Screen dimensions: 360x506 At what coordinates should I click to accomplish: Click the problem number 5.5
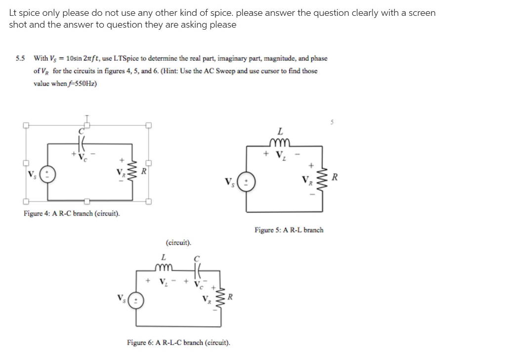point(20,58)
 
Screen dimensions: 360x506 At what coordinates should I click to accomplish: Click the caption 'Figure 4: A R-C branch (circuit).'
point(72,214)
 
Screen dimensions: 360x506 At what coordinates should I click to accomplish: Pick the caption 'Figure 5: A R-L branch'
point(289,230)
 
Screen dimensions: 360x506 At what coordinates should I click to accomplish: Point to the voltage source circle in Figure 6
point(136,300)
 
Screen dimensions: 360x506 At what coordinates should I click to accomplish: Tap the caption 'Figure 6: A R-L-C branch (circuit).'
point(178,342)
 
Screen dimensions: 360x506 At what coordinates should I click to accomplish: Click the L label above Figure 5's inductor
point(280,132)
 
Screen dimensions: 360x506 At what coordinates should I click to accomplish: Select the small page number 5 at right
point(333,120)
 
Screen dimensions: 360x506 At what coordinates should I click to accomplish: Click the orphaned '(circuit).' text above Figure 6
point(178,242)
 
